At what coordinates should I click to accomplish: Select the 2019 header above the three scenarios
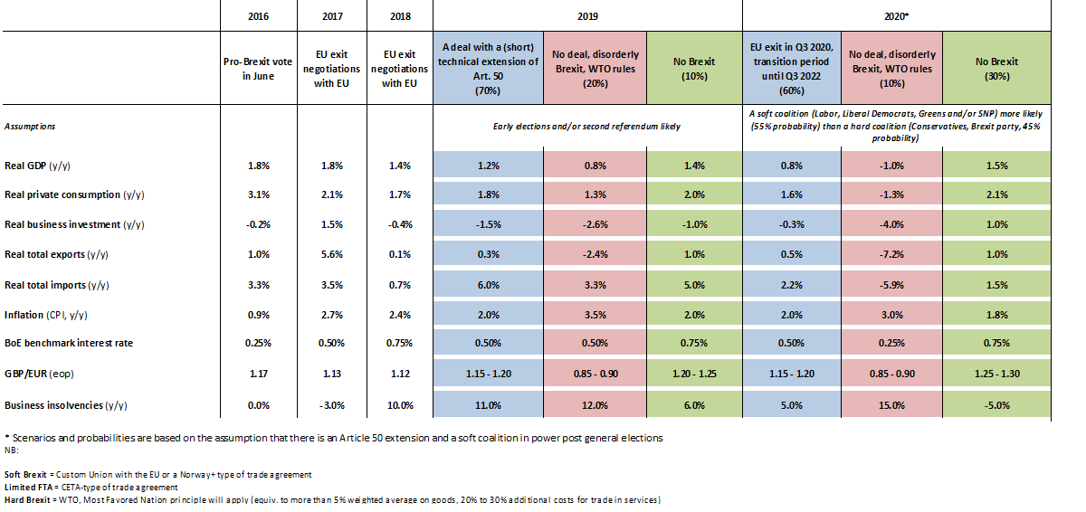(586, 16)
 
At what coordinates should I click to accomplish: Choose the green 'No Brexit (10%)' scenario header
(695, 69)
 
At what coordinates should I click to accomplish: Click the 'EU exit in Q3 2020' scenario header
(791, 69)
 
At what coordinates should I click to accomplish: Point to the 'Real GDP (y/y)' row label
(41, 166)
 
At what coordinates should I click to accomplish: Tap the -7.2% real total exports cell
(891, 254)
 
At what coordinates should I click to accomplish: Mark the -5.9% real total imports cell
(891, 286)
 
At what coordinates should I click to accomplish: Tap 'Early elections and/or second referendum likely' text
(586, 127)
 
